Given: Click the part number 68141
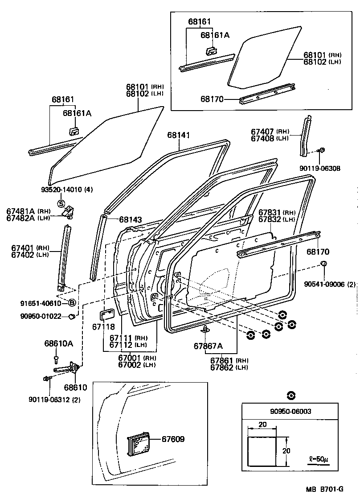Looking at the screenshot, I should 179,135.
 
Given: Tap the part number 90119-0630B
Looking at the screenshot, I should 322,168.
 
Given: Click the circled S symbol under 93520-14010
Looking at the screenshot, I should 61,204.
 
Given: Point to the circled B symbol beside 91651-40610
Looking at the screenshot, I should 71,303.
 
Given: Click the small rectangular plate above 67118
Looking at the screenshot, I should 107,315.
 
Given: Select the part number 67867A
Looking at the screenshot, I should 208,346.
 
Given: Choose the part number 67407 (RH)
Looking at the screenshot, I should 270,132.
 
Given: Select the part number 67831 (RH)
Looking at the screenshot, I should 277,213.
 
